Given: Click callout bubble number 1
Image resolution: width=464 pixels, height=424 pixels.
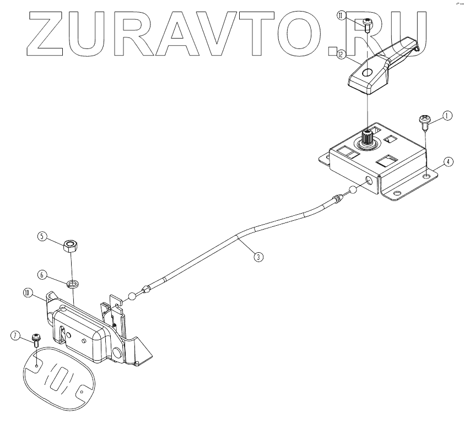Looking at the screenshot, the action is click(x=447, y=116).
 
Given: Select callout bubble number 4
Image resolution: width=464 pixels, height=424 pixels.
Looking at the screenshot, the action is click(x=449, y=162).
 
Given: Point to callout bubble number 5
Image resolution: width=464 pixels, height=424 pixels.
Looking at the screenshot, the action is click(x=41, y=236).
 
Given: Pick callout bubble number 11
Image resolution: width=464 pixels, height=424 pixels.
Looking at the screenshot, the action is click(x=342, y=16).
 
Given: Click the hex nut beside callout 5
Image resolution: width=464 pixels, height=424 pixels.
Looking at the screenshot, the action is click(x=70, y=245).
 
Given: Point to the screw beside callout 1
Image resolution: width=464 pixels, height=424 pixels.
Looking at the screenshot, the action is click(x=424, y=121).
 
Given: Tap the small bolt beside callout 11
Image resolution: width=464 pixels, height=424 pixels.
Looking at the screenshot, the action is click(x=368, y=23).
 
